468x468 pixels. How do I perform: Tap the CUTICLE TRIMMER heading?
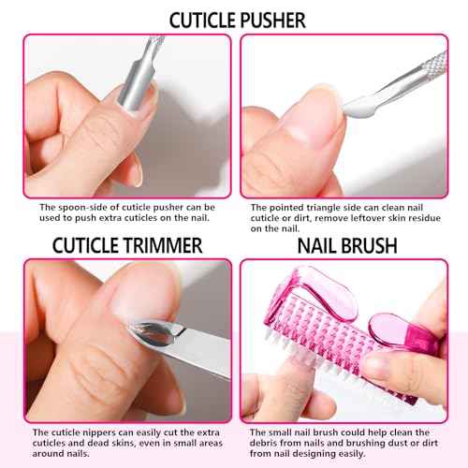pyautogui.click(x=114, y=245)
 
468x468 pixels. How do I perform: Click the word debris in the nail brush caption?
pyautogui.click(x=265, y=444)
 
